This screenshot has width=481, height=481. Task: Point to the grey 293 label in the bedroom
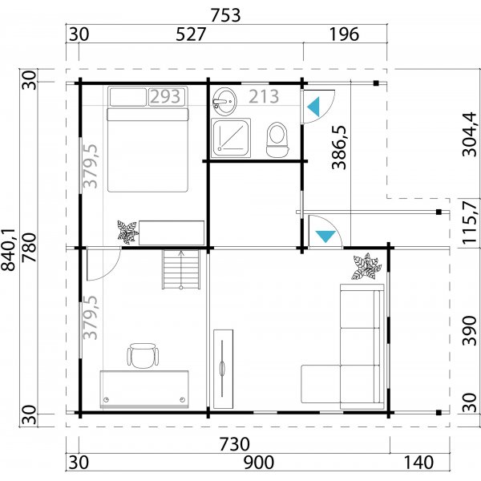pyautogui.click(x=164, y=97)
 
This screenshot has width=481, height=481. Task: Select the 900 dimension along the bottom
pyautogui.click(x=258, y=463)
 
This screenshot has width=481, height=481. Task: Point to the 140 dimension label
pyautogui.click(x=417, y=463)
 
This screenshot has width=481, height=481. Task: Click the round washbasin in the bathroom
pyautogui.click(x=224, y=101)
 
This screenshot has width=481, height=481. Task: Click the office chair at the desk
pyautogui.click(x=143, y=354)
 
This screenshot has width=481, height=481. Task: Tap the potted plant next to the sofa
pyautogui.click(x=366, y=267)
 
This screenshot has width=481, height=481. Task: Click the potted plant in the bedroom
pyautogui.click(x=127, y=232)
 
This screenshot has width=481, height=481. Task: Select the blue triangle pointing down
pyautogui.click(x=325, y=236)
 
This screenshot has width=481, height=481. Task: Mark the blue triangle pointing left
pyautogui.click(x=314, y=106)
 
